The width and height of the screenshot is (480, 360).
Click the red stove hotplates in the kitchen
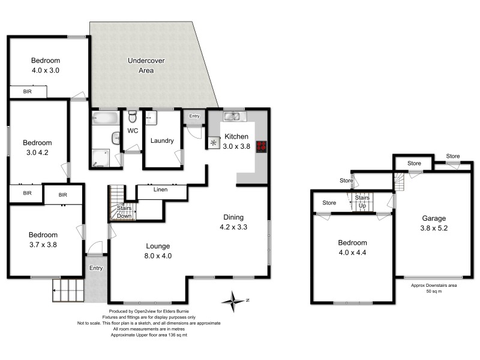[x=261, y=146]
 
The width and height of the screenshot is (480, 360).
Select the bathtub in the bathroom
[x=104, y=118]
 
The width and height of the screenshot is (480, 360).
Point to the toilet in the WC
[x=133, y=116]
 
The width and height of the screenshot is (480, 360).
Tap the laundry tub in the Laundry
[x=151, y=118]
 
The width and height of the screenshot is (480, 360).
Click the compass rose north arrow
[x=235, y=299]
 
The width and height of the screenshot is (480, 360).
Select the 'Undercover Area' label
[x=146, y=66]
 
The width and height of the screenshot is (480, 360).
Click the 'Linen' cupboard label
[x=160, y=190]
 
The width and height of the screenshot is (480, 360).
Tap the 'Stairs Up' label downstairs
[x=362, y=201]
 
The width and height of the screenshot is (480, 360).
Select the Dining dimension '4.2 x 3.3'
[x=234, y=227]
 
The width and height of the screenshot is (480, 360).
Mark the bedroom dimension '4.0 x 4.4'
[x=352, y=252]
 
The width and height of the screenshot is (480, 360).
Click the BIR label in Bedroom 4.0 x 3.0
[x=28, y=92]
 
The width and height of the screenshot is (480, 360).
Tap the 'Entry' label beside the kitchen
[x=194, y=116]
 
